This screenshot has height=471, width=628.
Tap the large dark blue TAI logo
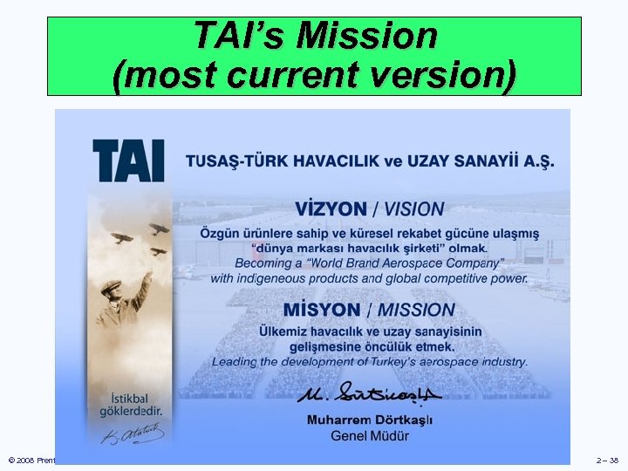coord(128,160)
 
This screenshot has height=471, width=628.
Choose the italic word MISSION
coord(416,310)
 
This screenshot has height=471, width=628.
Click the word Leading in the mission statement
coord(237,361)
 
